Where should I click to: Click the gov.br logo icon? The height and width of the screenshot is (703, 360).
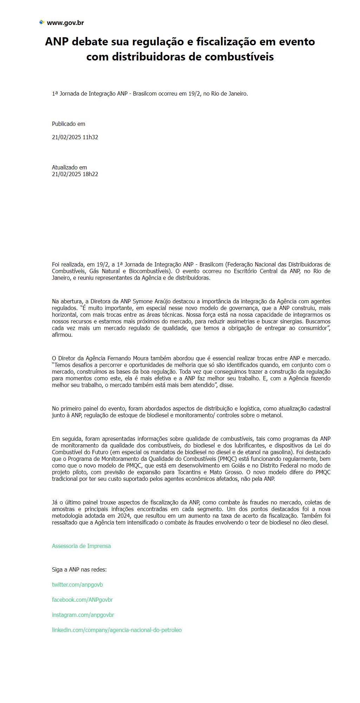click(x=42, y=22)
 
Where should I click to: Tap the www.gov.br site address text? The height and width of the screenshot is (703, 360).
click(x=65, y=23)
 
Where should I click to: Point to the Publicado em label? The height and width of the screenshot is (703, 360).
click(x=69, y=124)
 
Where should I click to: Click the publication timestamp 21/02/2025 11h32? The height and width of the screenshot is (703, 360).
click(x=75, y=137)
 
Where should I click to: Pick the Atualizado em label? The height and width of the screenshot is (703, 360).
click(x=69, y=167)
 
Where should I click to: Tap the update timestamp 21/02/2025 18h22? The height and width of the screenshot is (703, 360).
click(x=75, y=174)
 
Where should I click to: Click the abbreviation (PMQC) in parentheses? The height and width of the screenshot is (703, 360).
click(x=229, y=459)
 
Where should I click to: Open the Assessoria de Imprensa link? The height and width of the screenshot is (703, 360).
click(x=81, y=546)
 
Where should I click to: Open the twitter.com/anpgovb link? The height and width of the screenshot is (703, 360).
click(x=77, y=585)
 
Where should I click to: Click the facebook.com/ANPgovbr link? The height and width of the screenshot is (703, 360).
click(x=82, y=600)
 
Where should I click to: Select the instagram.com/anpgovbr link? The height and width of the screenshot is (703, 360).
click(x=83, y=615)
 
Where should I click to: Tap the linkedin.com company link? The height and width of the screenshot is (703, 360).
click(x=117, y=630)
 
